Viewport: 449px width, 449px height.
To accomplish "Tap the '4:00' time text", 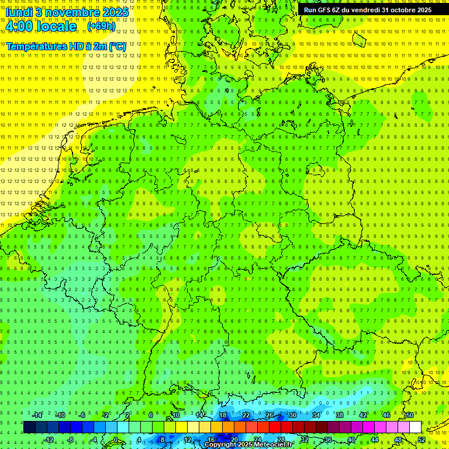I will pos(19,26).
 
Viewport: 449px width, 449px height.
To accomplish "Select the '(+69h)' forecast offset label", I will pos(101,26).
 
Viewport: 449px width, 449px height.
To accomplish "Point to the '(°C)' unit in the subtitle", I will pos(116,46).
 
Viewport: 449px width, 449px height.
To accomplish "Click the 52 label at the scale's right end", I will pos(422,439).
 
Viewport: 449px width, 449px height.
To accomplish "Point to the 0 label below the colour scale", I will pos(116,439).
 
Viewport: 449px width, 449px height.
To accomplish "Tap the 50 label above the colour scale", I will pos(410,415).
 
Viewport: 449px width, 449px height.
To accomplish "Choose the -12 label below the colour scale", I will pos(49,439).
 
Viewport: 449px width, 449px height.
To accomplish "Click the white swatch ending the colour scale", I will pos(416,427).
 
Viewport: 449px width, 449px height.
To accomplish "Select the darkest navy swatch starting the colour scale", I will pos(29,427).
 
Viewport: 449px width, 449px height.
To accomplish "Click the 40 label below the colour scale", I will pos(351,439).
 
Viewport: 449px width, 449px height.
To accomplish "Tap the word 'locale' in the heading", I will pos(56,26).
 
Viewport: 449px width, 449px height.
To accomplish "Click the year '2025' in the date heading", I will pos(115,12).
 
